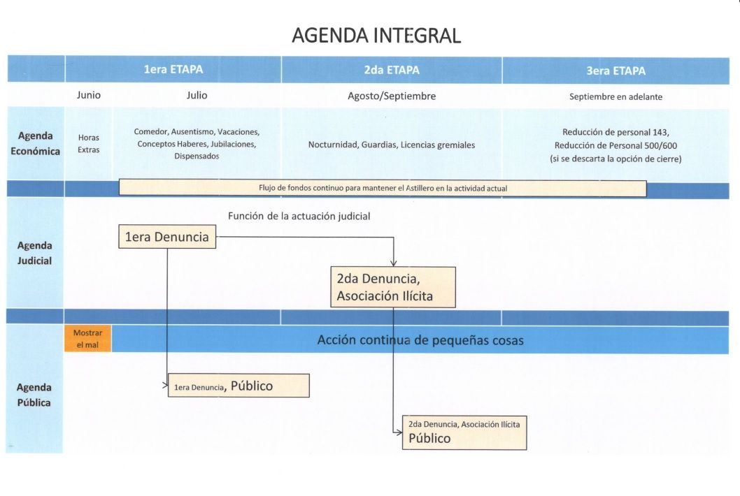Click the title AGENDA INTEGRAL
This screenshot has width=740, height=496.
click(x=376, y=36)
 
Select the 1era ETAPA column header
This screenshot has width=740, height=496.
click(x=173, y=69)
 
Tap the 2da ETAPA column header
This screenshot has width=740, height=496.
click(x=392, y=70)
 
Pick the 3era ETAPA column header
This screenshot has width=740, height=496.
click(x=616, y=71)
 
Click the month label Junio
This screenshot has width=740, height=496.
click(x=89, y=95)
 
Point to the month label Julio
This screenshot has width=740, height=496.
click(x=197, y=95)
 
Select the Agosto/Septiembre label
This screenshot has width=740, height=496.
click(x=392, y=96)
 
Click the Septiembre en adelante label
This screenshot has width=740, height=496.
click(x=616, y=96)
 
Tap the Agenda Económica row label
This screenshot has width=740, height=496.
click(x=36, y=143)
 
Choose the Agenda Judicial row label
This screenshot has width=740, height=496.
click(x=34, y=253)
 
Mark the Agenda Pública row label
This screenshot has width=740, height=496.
click(x=34, y=395)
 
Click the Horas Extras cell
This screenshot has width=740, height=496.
click(x=89, y=143)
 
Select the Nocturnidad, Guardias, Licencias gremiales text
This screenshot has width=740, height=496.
click(x=392, y=145)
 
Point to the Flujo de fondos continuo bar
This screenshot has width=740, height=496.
click(x=383, y=188)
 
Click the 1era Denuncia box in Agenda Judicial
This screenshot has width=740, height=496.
click(x=167, y=237)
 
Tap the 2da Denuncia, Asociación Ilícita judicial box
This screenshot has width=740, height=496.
click(x=393, y=287)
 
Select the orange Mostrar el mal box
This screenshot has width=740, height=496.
click(x=88, y=339)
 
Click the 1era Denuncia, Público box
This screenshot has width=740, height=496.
click(x=239, y=386)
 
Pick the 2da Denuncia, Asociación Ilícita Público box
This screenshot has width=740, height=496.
click(x=464, y=432)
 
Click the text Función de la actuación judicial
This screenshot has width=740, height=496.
click(x=299, y=217)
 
